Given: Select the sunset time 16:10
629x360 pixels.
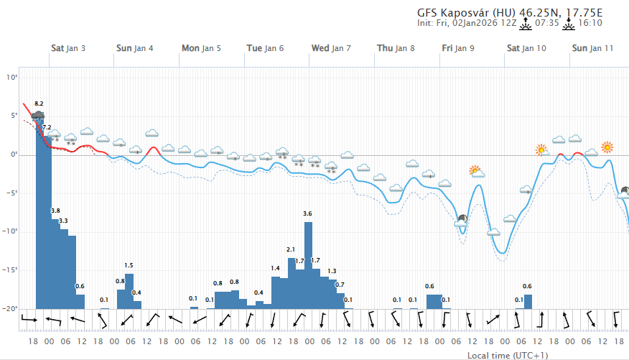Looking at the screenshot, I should tap(590, 23).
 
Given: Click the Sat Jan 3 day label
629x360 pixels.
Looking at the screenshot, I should tap(68, 48).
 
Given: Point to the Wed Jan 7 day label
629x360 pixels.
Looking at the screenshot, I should tap(330, 48).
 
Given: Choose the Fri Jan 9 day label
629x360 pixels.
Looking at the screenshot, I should tap(457, 48).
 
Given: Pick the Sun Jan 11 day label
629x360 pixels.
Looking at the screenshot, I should tap(592, 48).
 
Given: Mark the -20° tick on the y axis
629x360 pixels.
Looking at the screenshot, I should tap(10, 308).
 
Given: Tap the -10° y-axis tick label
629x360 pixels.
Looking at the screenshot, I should tap(10, 231).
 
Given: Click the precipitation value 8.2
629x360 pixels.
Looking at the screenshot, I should tap(39, 104).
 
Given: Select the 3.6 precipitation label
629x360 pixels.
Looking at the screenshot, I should tap(308, 214).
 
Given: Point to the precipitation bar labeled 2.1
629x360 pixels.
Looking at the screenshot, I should tap(292, 283).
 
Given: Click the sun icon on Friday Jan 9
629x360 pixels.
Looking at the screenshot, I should tap(476, 171).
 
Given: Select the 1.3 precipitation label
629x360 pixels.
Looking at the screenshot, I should tap(332, 272).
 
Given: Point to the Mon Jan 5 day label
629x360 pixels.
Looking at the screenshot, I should tap(201, 48).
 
